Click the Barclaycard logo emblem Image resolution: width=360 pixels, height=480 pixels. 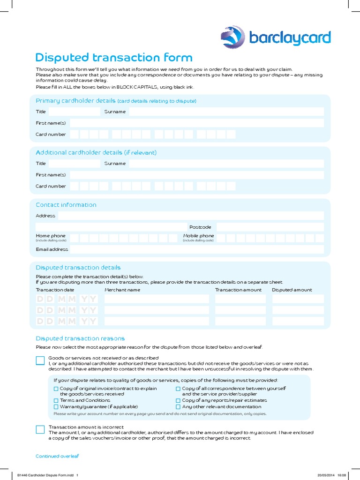233,37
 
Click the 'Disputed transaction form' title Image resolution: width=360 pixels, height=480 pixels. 114,58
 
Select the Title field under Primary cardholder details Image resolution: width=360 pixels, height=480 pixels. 74,112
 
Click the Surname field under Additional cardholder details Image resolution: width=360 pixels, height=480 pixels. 226,164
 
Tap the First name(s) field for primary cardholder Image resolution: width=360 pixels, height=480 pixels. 196,123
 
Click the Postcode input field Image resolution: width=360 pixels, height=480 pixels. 270,227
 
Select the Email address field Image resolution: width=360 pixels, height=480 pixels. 196,249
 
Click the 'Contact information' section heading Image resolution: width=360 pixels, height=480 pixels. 66,205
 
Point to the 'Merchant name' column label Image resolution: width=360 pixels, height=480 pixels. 122,290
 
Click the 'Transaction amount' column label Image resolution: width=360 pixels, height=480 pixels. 238,290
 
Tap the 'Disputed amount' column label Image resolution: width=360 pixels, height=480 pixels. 292,290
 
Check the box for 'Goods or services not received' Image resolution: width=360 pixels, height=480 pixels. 40,360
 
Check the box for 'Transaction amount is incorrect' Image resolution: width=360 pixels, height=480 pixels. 40,429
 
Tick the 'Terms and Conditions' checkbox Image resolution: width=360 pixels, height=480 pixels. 56,401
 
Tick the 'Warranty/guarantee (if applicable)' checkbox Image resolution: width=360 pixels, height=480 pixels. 56,407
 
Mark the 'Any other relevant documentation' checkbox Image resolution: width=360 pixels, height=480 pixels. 178,407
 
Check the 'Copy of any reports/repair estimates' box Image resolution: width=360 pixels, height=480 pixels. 178,401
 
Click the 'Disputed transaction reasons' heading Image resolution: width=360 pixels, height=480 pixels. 80,338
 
